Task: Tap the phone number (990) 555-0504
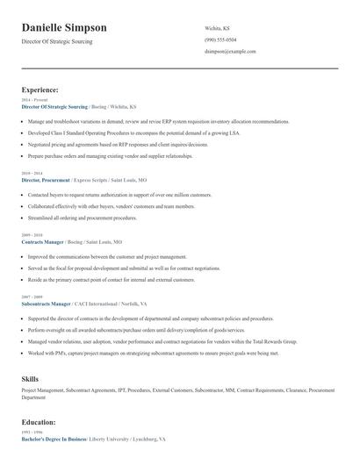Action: point(220,40)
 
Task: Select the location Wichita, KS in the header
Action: point(218,27)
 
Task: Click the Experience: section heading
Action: point(40,89)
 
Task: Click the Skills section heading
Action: point(30,377)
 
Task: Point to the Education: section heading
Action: point(40,421)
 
